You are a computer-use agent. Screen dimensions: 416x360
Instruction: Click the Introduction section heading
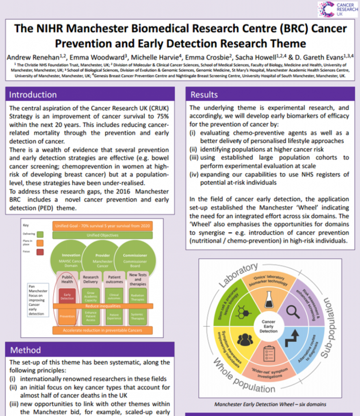tap(33, 95)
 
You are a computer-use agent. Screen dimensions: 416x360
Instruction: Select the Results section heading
tap(204, 95)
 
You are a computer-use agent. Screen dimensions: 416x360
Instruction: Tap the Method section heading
tap(25, 350)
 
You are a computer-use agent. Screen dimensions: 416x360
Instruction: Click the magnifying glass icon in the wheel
tap(293, 311)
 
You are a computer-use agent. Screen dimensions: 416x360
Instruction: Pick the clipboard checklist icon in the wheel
tap(269, 352)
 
